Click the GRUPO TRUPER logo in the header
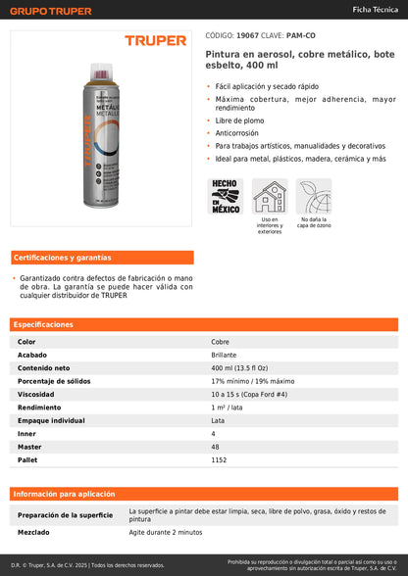click(50, 11)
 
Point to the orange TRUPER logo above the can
click(155, 41)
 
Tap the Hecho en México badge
click(226, 196)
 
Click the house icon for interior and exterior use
click(270, 197)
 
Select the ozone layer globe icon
click(315, 197)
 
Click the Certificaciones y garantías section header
click(62, 258)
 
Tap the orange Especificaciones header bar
click(204, 324)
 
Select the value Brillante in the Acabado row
click(224, 355)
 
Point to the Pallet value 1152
click(220, 458)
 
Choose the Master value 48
click(215, 446)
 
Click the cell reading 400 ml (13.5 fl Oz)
click(240, 367)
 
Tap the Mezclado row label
click(35, 532)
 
